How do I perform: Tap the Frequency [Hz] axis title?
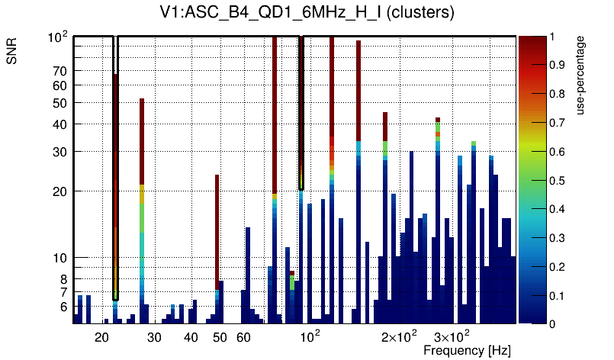point(467,350)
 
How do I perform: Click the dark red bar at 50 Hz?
point(217,229)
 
